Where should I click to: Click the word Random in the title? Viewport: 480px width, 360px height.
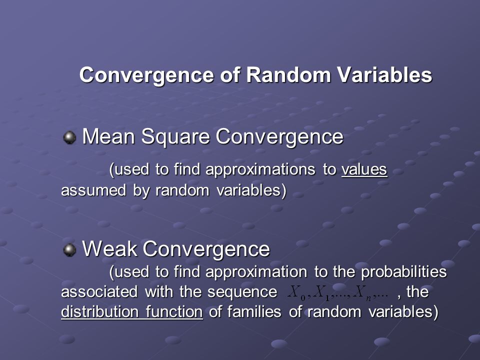click(288, 74)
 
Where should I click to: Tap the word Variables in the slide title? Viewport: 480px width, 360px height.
click(385, 74)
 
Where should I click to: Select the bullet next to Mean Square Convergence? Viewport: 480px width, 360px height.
click(69, 137)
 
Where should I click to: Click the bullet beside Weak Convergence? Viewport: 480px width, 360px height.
click(69, 250)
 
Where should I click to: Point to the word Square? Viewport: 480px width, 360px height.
click(175, 137)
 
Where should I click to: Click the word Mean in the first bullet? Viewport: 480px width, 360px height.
click(108, 136)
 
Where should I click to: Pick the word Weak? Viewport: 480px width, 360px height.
click(109, 248)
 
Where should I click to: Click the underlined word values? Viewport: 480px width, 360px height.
click(364, 169)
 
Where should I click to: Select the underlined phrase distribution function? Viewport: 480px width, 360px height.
click(132, 312)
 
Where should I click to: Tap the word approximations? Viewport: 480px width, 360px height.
click(260, 170)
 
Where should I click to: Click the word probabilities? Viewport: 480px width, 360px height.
click(404, 272)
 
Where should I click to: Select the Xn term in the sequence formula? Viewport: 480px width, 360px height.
click(362, 293)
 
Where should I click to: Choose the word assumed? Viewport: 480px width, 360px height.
click(93, 190)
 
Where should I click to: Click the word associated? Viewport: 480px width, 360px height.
click(99, 291)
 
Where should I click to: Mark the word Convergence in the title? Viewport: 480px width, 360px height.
click(146, 75)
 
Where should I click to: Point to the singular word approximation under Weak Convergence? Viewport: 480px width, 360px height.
click(256, 272)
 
